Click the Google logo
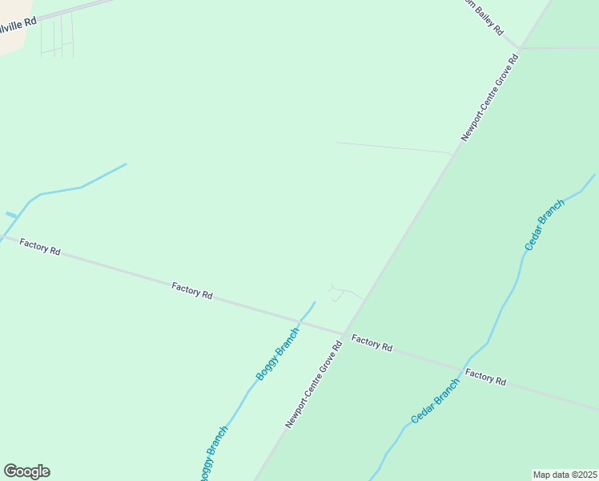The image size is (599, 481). pyautogui.click(x=26, y=471)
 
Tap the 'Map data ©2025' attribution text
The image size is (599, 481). pyautogui.click(x=565, y=474)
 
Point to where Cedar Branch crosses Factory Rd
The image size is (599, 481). pyautogui.click(x=464, y=369)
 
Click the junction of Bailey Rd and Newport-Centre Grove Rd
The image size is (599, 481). pyautogui.click(x=519, y=49)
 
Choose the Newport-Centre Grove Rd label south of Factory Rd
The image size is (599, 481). pyautogui.click(x=313, y=384)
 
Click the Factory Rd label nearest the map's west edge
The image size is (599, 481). pyautogui.click(x=40, y=247)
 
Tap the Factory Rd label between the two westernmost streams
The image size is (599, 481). pyautogui.click(x=191, y=289)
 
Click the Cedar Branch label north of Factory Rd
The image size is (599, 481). pyautogui.click(x=545, y=224)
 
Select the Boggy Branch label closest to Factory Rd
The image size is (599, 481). pyautogui.click(x=277, y=354)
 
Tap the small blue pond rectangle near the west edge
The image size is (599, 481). pyautogui.click(x=11, y=215)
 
